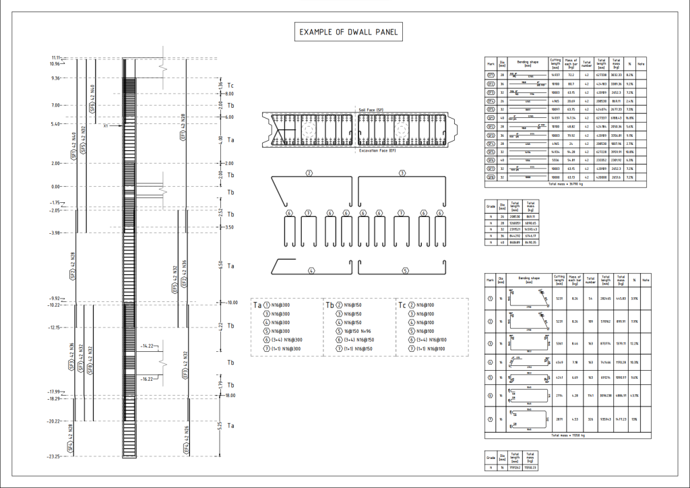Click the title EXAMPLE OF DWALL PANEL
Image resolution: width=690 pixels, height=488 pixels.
tap(349, 32)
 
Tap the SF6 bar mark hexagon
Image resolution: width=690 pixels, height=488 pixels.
tap(92, 106)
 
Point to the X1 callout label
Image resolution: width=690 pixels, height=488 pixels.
tap(106, 125)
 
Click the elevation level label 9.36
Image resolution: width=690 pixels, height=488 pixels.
tap(55, 78)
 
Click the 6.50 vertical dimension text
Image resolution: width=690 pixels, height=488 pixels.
tap(220, 266)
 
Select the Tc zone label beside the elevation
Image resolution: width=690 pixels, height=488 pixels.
tap(230, 85)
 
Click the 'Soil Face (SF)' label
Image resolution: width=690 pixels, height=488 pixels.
tap(371, 110)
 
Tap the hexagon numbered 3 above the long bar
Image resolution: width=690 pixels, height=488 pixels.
tap(402, 173)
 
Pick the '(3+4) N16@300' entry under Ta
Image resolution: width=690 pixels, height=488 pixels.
tap(282, 340)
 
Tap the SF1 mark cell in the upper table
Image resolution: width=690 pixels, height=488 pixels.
tap(491, 117)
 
